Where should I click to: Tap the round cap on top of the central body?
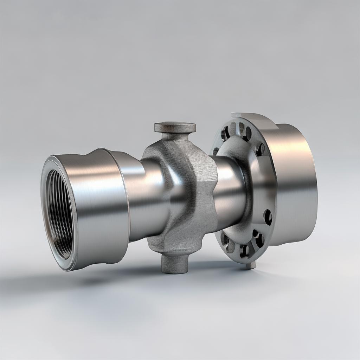coord(175,127)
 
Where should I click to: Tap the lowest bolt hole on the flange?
coord(245,250)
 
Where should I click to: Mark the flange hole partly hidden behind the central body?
coord(216,151)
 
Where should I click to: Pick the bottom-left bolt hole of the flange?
coord(225,240)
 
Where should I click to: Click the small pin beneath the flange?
coord(251,265)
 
